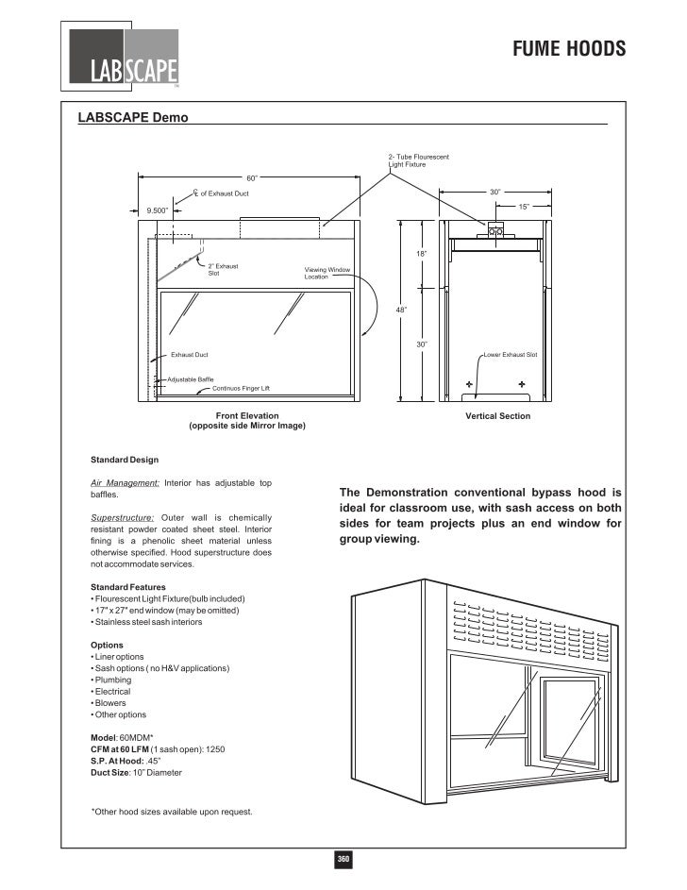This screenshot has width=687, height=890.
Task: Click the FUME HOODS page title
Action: (569, 49)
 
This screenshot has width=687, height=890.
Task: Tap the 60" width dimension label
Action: (252, 176)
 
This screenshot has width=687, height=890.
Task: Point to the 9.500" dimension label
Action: (156, 210)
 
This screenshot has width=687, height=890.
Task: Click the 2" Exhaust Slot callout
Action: (223, 269)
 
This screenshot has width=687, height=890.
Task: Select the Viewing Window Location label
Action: (327, 273)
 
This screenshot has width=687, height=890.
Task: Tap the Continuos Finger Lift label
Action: (241, 388)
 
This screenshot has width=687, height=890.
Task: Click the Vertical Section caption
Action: (497, 415)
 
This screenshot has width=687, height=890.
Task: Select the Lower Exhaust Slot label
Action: (511, 355)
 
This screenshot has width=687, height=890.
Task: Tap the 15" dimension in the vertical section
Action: (523, 207)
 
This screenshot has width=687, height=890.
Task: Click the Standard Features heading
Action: (128, 587)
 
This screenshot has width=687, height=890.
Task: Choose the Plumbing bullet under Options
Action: (112, 680)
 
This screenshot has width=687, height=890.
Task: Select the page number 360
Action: (343, 859)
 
